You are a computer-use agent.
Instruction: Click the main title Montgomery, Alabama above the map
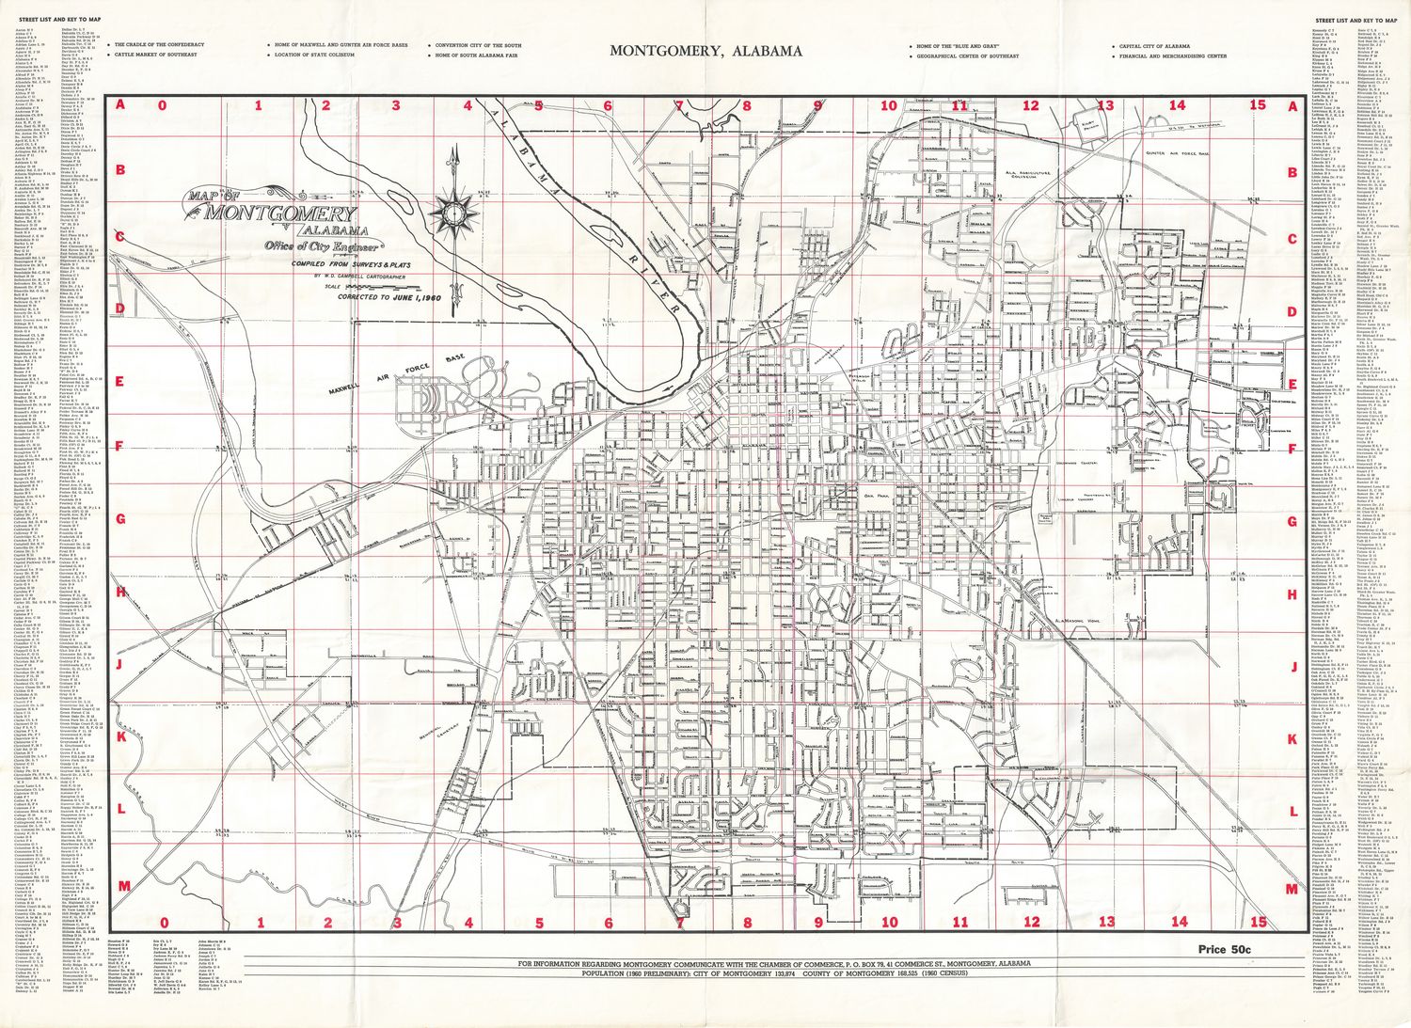click(x=705, y=51)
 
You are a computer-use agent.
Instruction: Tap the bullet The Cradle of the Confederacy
click(x=159, y=44)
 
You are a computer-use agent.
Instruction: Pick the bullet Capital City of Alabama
click(x=1154, y=45)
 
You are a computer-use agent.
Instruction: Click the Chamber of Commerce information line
click(x=771, y=964)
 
